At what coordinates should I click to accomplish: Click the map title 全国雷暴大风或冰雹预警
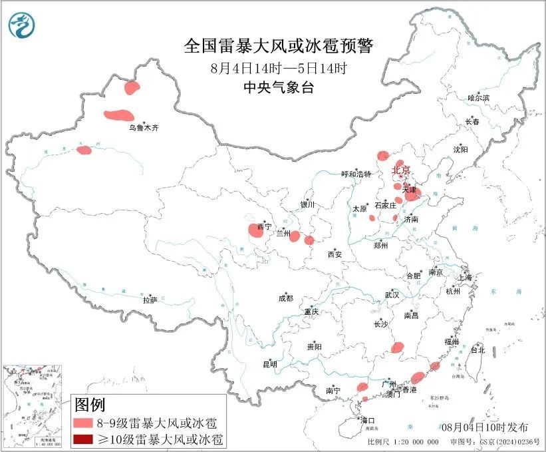pyautogui.click(x=279, y=46)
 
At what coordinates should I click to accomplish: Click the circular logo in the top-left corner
pyautogui.click(x=21, y=25)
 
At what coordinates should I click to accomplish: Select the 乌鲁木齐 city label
pyautogui.click(x=144, y=127)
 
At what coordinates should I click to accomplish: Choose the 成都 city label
pyautogui.click(x=286, y=299)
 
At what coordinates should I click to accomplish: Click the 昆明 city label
pyautogui.click(x=269, y=364)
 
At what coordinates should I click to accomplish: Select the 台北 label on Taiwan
pyautogui.click(x=478, y=349)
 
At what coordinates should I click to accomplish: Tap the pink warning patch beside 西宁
pyautogui.click(x=255, y=231)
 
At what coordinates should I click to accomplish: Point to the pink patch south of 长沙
pyautogui.click(x=398, y=347)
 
